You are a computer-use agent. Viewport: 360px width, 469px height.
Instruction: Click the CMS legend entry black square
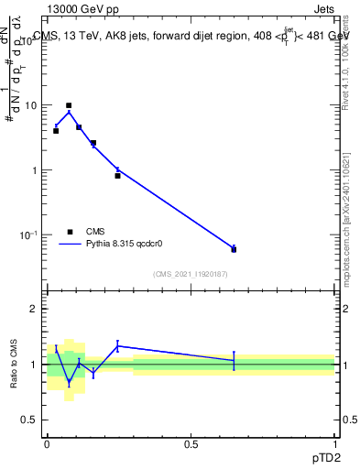pos(69,232)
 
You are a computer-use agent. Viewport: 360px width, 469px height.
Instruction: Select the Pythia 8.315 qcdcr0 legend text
pos(130,244)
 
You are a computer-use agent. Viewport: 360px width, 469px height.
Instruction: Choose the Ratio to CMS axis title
pos(12,364)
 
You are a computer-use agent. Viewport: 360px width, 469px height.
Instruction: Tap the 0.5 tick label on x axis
pos(191,443)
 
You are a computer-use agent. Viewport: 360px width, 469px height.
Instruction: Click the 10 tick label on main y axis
pos(31,105)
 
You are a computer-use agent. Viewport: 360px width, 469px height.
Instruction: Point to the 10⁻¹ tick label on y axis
pos(29,235)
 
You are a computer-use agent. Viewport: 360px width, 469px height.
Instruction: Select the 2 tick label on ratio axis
pos(33,309)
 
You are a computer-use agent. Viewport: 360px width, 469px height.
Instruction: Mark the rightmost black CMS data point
pos(234,249)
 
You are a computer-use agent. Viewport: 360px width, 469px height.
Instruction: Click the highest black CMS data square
pos(69,105)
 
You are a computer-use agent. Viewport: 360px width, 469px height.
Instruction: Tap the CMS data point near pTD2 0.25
pos(117,175)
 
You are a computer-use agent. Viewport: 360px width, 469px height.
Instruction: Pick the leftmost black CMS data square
pos(56,131)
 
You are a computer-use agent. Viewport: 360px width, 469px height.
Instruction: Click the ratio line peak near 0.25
pos(117,345)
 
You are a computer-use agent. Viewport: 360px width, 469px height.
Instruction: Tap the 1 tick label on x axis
pos(334,443)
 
